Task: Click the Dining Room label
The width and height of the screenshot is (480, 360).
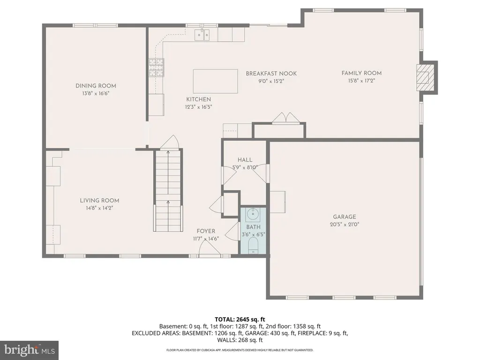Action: click(96, 86)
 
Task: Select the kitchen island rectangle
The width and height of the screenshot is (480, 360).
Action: click(216, 81)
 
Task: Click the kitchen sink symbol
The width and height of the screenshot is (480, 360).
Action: click(202, 35)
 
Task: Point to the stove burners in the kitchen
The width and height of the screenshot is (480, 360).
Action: click(157, 67)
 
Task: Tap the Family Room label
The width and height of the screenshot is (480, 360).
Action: click(361, 73)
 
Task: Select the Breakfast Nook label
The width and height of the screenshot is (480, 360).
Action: click(271, 74)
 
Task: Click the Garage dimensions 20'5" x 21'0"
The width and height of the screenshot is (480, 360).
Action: click(345, 225)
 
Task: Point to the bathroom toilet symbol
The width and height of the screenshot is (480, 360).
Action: click(253, 245)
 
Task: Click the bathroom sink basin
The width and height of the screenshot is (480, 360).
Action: click(253, 214)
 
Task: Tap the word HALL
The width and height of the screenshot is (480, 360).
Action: click(245, 160)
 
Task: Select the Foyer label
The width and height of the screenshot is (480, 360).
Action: click(206, 231)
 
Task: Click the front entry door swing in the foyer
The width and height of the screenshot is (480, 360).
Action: click(210, 247)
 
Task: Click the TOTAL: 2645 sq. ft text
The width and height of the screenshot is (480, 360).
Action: click(240, 320)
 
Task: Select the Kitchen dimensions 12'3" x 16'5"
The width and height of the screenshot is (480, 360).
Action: click(198, 107)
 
